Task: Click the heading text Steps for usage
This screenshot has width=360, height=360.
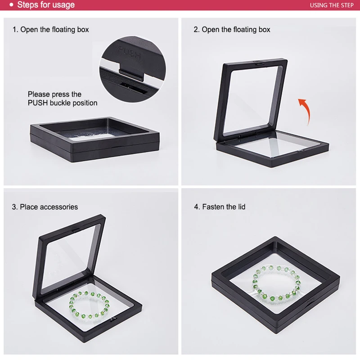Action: (x=46, y=5)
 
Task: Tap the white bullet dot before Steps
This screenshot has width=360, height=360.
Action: (x=11, y=5)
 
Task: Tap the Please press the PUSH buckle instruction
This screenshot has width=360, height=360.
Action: (x=63, y=99)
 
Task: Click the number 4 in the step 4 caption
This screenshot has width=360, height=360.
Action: (x=196, y=207)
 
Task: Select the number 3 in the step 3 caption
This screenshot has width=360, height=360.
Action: (x=14, y=207)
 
